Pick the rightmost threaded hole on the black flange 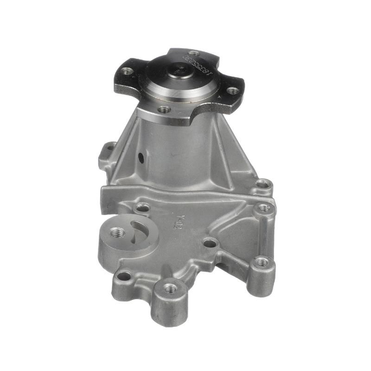[232, 91]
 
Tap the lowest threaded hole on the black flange [164, 110]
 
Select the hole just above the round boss [143, 207]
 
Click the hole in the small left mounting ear [110, 149]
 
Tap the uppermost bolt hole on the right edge [263, 184]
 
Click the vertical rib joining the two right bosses [263, 234]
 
